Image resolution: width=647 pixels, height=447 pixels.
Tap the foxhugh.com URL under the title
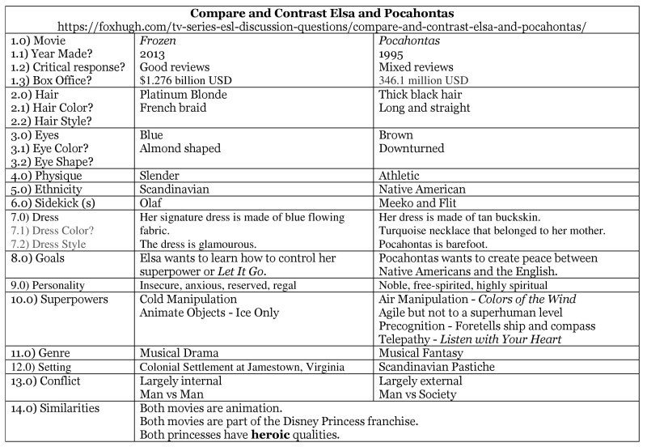pos(323,27)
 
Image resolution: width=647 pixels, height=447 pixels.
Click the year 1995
pos(393,53)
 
